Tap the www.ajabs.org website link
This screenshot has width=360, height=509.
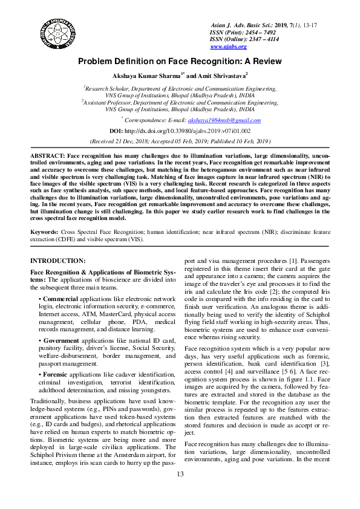point(228,47)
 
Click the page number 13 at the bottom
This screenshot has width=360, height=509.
point(180,490)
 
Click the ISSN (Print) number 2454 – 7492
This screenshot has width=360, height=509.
point(261,32)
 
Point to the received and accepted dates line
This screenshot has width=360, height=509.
point(180,140)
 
